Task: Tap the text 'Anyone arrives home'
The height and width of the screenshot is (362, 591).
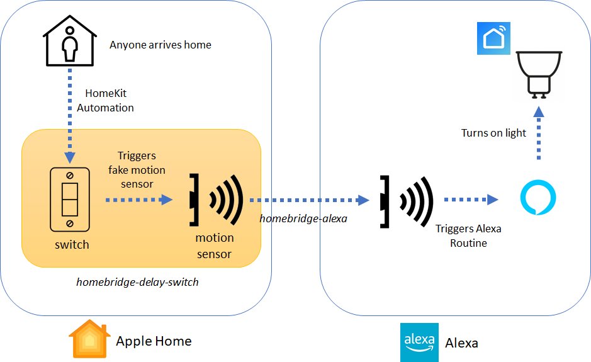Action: point(160,45)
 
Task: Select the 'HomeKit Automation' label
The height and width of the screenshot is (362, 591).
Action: point(105,101)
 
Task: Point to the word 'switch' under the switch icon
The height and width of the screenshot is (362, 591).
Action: point(72,244)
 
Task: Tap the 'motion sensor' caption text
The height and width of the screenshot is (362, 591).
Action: point(214,246)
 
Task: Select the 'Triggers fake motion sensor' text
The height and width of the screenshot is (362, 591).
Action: point(137,169)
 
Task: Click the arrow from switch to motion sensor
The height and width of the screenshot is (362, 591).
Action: point(138,200)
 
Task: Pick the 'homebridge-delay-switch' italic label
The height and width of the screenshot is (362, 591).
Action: point(137,282)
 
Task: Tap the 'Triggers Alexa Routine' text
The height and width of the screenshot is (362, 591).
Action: point(468,235)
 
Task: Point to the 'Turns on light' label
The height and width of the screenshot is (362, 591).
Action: point(493,133)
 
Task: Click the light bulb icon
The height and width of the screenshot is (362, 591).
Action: point(538,74)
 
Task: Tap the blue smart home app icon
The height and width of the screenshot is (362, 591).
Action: point(493,38)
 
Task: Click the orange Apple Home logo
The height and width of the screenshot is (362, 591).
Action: point(89,340)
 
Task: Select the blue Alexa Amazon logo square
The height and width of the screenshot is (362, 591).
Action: point(419,342)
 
